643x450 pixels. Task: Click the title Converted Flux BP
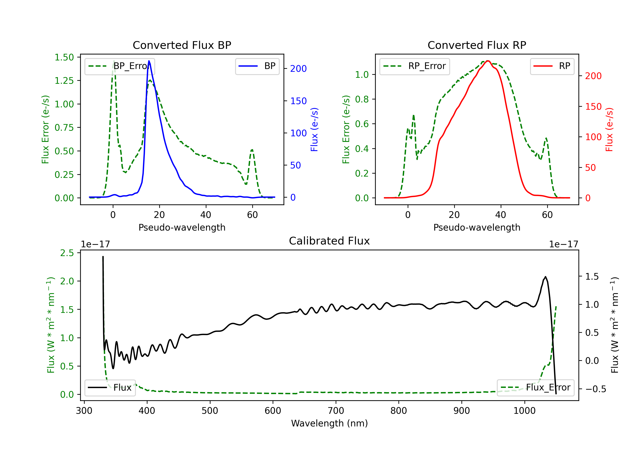tap(182, 45)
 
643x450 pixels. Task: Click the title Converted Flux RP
tap(477, 45)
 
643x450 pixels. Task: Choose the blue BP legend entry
tap(257, 66)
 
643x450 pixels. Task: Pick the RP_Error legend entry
tap(415, 66)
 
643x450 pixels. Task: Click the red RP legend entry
tap(552, 66)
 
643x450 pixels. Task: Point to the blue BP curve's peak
tap(149, 61)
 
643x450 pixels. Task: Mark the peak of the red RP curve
tap(488, 61)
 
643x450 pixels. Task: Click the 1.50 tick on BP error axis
tap(64, 57)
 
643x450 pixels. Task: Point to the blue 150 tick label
tap(298, 101)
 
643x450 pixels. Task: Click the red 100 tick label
tap(593, 137)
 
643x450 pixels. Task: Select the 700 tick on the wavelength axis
tap(335, 411)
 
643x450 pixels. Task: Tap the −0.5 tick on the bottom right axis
tap(595, 389)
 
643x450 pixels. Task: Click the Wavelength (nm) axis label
tap(329, 423)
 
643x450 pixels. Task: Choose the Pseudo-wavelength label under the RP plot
tap(477, 227)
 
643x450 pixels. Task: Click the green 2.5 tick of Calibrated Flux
tap(67, 253)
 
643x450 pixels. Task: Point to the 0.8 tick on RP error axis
tap(362, 99)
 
